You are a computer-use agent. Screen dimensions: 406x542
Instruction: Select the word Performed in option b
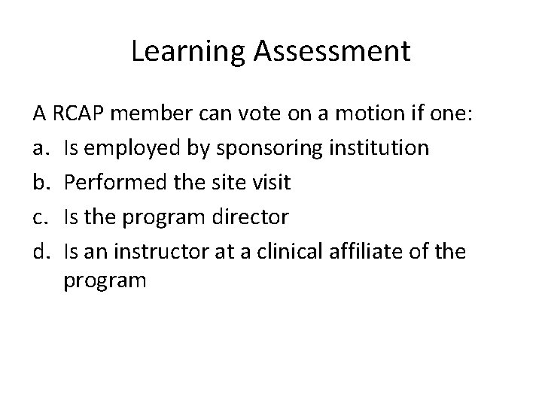tap(110, 182)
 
